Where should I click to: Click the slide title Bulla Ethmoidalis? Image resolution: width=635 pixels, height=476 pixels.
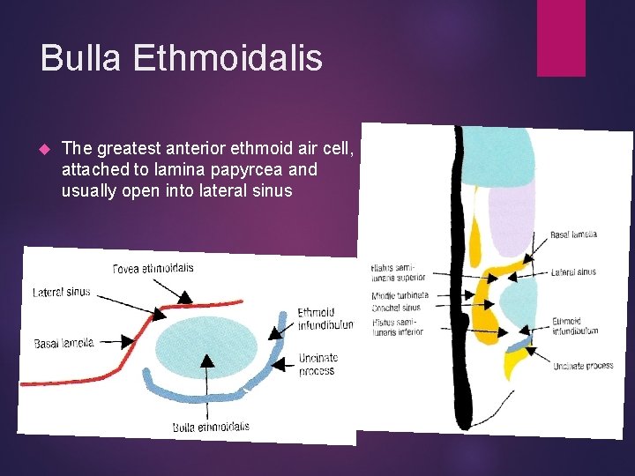[x=182, y=58]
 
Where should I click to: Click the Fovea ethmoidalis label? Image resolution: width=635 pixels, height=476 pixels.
[x=153, y=268]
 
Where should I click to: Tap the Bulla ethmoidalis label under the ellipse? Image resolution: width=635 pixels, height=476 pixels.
[x=211, y=427]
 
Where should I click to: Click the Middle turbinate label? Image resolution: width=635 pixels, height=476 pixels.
[x=400, y=296]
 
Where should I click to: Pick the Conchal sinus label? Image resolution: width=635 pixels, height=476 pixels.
[x=399, y=308]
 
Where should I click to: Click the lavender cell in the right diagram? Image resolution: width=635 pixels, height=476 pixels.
[x=511, y=216]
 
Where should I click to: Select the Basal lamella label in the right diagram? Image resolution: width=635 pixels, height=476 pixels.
[x=573, y=234]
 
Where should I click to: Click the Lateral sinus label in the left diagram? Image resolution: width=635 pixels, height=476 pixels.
[x=62, y=292]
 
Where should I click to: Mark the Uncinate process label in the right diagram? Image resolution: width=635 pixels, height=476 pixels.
[x=583, y=365]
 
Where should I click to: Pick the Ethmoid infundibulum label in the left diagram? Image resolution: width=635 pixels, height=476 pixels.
[x=325, y=318]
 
